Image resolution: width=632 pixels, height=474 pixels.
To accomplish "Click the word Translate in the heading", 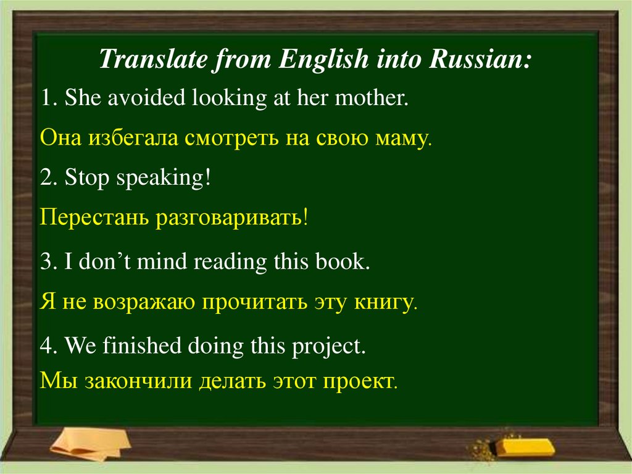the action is coord(153,59).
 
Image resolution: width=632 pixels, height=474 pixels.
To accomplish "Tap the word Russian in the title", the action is coord(480,59).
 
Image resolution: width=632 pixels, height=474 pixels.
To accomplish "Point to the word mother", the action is coord(372,98).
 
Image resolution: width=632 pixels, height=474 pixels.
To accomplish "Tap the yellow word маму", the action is coord(404,138).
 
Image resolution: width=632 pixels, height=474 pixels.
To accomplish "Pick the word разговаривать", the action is coord(232,218).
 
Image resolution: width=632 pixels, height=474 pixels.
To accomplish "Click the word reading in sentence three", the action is coord(230,261).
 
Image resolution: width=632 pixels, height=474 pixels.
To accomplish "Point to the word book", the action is coord(342,261).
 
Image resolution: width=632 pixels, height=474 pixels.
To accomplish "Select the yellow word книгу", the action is coord(386,302).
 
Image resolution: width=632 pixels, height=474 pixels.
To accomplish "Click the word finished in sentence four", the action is coord(142,345).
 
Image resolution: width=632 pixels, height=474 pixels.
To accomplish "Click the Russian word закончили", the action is coord(138,381).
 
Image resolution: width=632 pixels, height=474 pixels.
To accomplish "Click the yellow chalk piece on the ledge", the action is coord(525,447).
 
